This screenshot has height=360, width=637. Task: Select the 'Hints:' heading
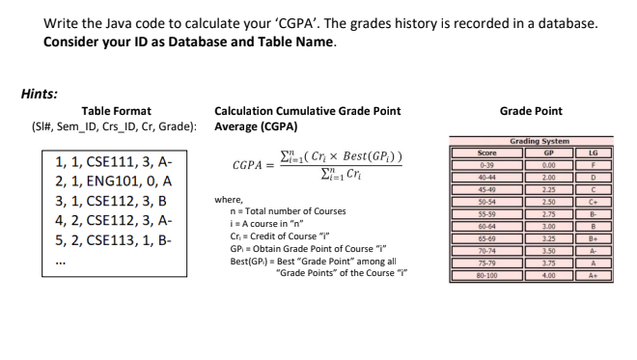tap(40, 94)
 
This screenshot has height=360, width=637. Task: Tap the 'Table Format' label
tap(116, 111)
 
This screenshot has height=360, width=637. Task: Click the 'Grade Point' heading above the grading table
tap(531, 111)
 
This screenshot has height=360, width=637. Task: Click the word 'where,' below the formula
tap(230, 199)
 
